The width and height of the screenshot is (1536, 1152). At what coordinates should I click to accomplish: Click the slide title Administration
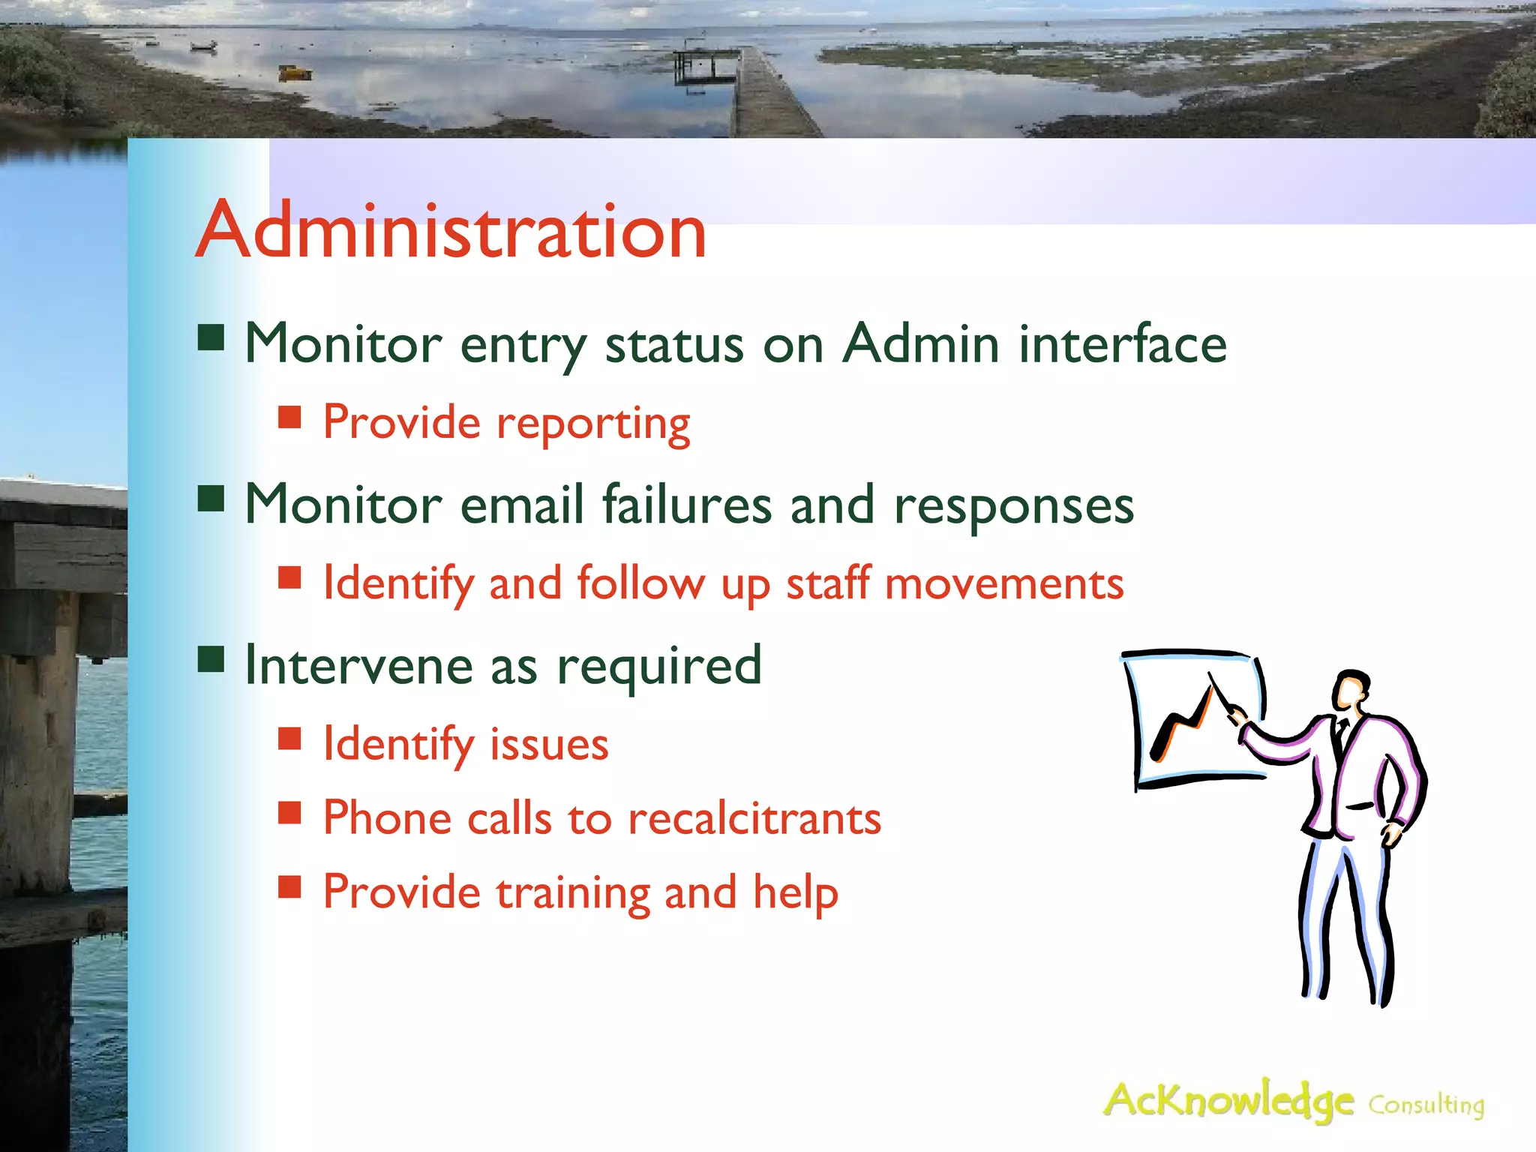pyautogui.click(x=450, y=230)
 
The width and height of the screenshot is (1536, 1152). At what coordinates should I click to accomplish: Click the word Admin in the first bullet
pyautogui.click(x=919, y=343)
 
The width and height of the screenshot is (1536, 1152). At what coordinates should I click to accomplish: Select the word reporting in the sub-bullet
pyautogui.click(x=593, y=424)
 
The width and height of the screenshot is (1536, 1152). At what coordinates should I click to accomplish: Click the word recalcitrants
pyautogui.click(x=754, y=818)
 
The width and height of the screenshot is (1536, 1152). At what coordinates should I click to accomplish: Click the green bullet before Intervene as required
pyautogui.click(x=211, y=661)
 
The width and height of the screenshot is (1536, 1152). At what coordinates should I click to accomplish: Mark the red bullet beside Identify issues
pyautogui.click(x=289, y=739)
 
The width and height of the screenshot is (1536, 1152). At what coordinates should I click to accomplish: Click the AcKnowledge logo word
pyautogui.click(x=1228, y=1100)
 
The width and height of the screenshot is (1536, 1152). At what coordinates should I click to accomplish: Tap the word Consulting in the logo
pyautogui.click(x=1426, y=1105)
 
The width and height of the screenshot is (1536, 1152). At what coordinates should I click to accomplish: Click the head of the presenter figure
pyautogui.click(x=1351, y=689)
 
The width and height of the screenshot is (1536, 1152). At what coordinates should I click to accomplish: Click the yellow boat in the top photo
pyautogui.click(x=295, y=73)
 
